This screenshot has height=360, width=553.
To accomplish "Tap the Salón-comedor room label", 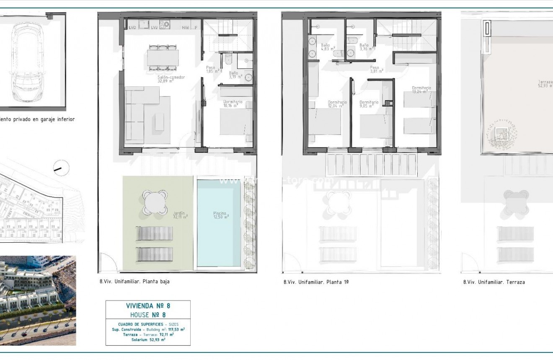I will click(171, 79).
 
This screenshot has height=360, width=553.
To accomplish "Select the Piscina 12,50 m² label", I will click(220, 215).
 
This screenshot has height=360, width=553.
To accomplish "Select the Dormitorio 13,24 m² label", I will click(419, 89).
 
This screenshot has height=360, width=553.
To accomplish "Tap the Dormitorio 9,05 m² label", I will click(369, 104).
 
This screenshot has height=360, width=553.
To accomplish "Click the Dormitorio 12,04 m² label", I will click(337, 104).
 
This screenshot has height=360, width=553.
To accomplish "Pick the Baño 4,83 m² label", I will click(326, 47).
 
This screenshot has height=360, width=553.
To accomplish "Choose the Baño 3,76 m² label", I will click(364, 47).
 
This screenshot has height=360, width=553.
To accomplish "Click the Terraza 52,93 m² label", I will click(545, 84).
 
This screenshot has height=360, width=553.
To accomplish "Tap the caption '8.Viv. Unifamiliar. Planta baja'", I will click(134, 282).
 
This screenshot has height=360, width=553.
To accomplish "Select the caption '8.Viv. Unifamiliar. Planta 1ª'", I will click(316, 282).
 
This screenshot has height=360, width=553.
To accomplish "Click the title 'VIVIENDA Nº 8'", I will click(148, 306).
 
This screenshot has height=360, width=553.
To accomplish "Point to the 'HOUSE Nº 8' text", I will click(148, 314).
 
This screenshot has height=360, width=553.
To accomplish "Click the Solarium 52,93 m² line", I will click(148, 340).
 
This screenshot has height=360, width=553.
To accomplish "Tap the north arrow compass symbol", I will click(61, 168).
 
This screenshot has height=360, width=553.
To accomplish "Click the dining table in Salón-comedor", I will click(163, 57).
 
